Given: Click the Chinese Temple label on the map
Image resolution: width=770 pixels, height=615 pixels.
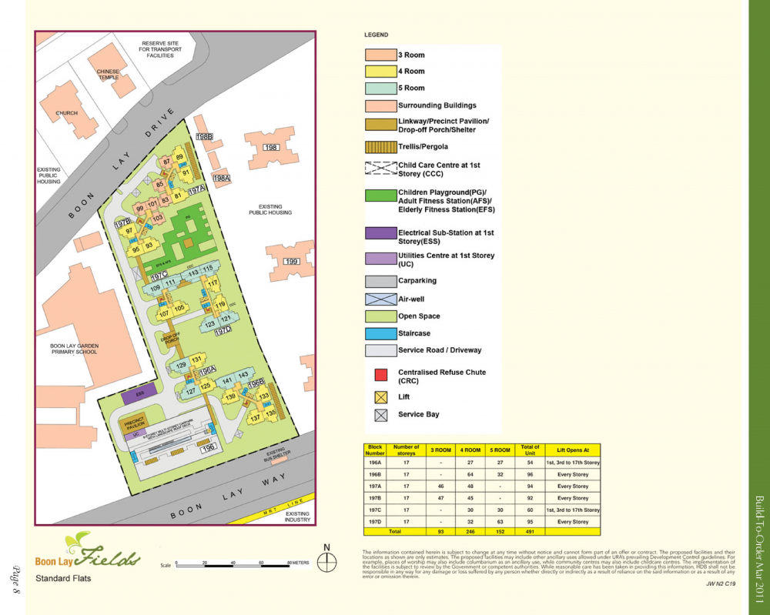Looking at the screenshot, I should click(x=108, y=74).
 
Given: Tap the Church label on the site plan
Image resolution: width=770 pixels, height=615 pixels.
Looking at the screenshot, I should click(x=66, y=113).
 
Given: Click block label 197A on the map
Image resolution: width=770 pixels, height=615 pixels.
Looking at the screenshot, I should click(x=196, y=189).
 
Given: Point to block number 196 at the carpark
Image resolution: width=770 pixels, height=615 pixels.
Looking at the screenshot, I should click(x=207, y=447).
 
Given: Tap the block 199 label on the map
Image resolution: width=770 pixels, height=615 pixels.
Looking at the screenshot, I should click(x=292, y=262).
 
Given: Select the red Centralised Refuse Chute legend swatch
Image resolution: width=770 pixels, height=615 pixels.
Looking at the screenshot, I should click(x=380, y=376).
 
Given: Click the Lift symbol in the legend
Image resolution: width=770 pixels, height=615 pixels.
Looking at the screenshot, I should click(x=380, y=397).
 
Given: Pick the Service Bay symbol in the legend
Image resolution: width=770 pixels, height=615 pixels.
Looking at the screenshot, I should click(x=380, y=415).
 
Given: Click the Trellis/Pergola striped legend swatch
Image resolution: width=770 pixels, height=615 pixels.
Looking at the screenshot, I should click(x=380, y=146).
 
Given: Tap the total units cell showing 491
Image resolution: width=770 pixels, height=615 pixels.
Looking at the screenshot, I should click(x=530, y=531).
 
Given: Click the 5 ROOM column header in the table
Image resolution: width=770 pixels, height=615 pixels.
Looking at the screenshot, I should click(x=500, y=450).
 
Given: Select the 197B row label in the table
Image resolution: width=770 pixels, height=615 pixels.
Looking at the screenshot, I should click(x=376, y=498).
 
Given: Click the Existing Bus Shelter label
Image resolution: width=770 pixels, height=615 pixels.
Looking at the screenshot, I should click(x=276, y=457).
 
